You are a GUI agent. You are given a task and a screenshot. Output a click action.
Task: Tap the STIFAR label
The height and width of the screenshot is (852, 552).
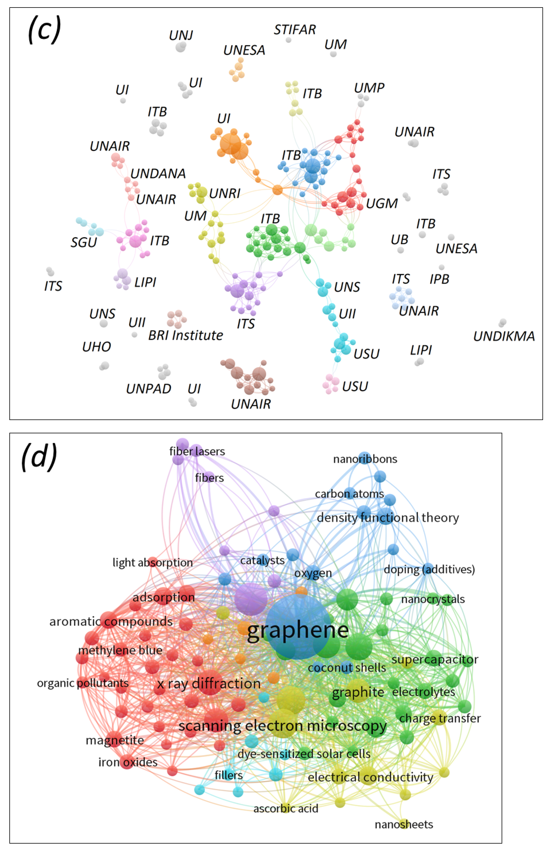tap(295, 30)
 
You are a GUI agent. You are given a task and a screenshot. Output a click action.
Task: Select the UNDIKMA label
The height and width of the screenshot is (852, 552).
tap(504, 336)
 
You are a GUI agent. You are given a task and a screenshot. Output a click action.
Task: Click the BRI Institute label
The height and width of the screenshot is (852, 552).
tap(185, 335)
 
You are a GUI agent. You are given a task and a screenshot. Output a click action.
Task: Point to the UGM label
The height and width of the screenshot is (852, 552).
tap(382, 203)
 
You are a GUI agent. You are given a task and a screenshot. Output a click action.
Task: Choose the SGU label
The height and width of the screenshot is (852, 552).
tap(84, 242)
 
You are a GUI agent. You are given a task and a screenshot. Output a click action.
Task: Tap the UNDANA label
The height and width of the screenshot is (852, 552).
tap(158, 174)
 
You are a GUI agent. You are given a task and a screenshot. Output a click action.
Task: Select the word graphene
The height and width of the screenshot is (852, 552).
tap(298, 631)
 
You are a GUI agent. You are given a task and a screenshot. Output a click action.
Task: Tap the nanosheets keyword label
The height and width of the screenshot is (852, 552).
tap(404, 824)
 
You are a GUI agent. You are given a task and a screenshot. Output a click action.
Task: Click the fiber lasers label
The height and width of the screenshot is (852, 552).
tap(197, 451)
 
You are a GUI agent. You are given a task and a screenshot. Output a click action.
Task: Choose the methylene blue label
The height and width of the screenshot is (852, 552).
tap(120, 650)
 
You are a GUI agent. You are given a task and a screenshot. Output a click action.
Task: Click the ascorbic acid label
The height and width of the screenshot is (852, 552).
tap(286, 808)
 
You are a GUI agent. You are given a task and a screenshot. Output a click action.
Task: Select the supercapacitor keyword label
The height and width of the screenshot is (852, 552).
tap(435, 659)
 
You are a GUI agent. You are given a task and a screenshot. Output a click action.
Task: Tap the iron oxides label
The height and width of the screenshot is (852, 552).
tap(128, 762)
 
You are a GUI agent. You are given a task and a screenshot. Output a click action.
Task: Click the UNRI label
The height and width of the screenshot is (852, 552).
tap(225, 193)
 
